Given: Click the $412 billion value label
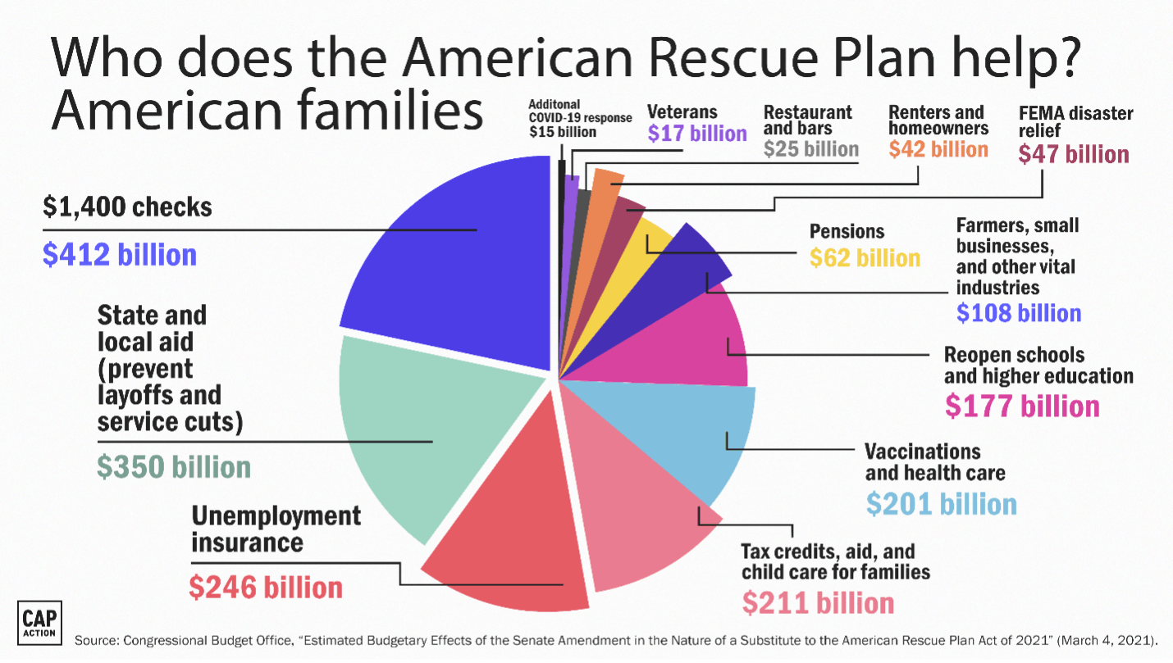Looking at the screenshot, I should point(120,255).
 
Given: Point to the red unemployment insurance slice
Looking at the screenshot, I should point(509,541).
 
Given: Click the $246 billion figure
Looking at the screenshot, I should point(266,587).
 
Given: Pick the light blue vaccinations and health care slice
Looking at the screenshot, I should point(705,443).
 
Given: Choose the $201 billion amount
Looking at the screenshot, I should point(942,503).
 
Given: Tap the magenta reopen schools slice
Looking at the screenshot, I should point(697,344).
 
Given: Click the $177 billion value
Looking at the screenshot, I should point(1022,406).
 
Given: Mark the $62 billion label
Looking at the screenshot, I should point(865,258).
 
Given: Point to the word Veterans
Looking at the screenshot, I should point(682,112).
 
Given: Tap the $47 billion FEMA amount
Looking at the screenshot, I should point(1074,154).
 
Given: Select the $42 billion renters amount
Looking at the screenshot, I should point(938,149).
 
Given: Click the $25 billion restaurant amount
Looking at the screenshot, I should point(810,149).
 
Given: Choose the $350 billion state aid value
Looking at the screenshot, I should point(174,467).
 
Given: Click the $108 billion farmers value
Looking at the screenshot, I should point(1019,312).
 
